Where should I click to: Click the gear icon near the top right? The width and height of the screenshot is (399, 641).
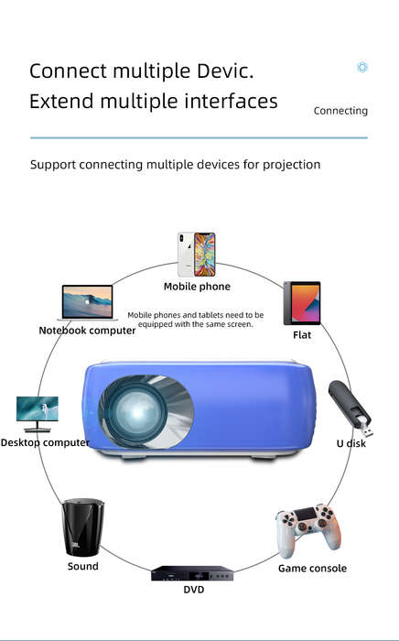point(362,67)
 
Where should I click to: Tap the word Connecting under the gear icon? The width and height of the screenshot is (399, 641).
point(340,111)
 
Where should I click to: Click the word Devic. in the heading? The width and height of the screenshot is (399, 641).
point(225,71)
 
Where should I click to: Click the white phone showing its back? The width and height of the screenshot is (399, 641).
point(186,255)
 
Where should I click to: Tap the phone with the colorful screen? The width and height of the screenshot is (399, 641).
point(205,255)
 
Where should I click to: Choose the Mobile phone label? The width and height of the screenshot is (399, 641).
point(197,287)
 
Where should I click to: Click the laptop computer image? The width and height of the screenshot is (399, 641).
point(88,302)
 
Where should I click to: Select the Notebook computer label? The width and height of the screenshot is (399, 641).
point(87,331)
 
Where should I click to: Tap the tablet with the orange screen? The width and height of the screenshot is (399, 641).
point(302,303)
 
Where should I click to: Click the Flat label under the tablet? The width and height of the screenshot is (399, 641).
point(302,335)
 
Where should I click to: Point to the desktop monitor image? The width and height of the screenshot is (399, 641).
point(38,414)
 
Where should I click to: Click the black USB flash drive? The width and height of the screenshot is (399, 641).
point(350,408)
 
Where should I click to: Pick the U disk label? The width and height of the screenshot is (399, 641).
point(351,443)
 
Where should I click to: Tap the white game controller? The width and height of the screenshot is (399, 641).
point(307,530)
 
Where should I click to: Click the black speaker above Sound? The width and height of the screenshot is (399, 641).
point(83,527)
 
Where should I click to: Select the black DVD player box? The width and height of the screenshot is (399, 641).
point(192,573)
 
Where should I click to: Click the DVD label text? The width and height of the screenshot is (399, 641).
point(194,590)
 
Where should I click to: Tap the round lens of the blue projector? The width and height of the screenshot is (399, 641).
point(136,411)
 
